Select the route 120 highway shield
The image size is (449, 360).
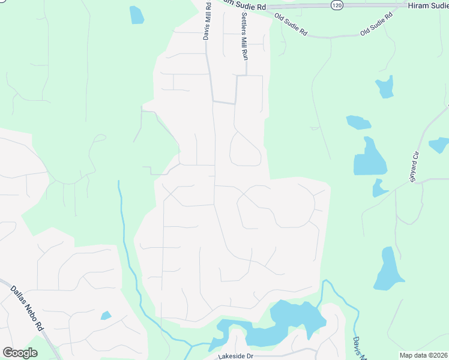pyautogui.click(x=337, y=5)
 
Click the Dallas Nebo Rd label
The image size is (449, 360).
pyautogui.click(x=28, y=309)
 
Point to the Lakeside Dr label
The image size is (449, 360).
pyautogui.click(x=237, y=356)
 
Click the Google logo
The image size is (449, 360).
pyautogui.click(x=20, y=353)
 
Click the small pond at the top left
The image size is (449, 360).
pyautogui.click(x=137, y=14)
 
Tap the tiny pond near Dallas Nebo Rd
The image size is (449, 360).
pyautogui.click(x=106, y=315)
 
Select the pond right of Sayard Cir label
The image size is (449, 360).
pyautogui.click(x=439, y=145)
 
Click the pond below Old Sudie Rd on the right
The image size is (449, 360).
pyautogui.click(x=385, y=87)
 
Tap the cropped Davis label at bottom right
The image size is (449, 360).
pyautogui.click(x=359, y=348)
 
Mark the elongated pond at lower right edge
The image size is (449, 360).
pyautogui.click(x=387, y=269)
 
